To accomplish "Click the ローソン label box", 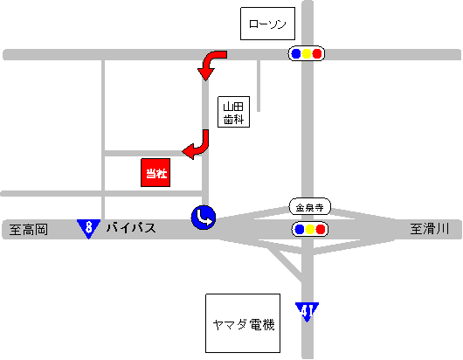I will pos(267,24).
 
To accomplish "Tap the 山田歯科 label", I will pos(232,112).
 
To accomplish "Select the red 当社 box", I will pos(155,172).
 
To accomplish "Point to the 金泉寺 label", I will pos(308,208).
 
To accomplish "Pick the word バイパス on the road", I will pos(131,229).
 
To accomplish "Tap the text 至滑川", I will pos(429,230).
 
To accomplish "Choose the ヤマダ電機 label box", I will pos(243,324).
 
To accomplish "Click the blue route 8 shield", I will pos(88,229).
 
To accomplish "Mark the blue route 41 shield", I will pos(307,311).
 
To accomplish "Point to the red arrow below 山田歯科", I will pos(198,146).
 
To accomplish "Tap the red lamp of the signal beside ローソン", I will pos(317,53).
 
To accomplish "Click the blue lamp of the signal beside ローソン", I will pos(296,53).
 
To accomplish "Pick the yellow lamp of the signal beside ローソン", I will pos(307,53).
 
